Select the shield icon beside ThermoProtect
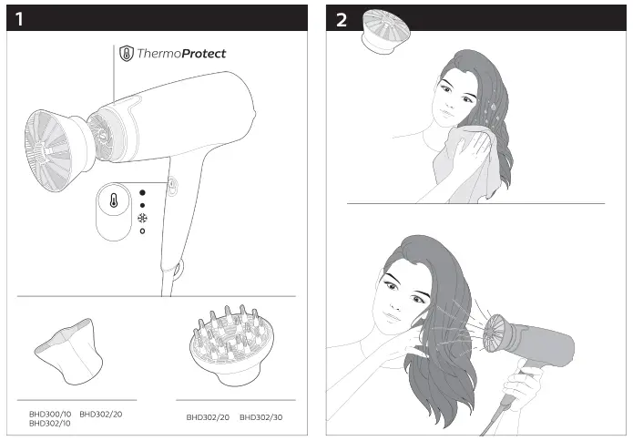pos(126,53)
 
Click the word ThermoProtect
pos(181,54)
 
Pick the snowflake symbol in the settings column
pos(141,218)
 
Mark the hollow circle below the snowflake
pos(141,231)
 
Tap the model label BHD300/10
pos(50,415)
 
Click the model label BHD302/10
pos(50,424)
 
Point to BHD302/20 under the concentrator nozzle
pos(101,415)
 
